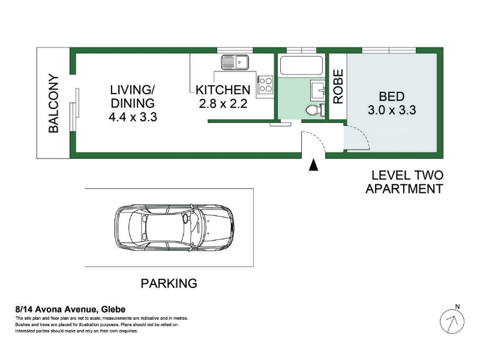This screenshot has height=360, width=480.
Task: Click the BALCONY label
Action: (53, 103)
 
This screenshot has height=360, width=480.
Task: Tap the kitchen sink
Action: (235, 62)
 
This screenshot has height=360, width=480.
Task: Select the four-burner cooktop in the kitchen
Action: (265, 85)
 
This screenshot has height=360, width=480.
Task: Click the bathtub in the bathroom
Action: (302, 65)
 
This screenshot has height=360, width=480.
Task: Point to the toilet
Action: (316, 110)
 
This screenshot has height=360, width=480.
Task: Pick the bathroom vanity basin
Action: (318, 90)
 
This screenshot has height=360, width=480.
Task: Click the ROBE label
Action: (338, 86)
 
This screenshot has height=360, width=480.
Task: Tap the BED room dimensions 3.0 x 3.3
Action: (392, 110)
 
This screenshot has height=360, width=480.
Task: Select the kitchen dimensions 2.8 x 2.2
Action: (223, 103)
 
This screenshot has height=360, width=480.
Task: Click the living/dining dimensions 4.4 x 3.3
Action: (133, 117)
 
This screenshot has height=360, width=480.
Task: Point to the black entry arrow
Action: (313, 164)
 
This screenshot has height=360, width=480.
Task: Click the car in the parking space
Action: (175, 228)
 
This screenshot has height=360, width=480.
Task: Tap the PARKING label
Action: (169, 283)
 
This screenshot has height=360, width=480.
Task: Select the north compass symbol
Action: (452, 321)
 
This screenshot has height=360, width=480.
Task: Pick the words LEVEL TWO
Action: (407, 175)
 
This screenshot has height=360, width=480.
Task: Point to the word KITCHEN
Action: (223, 90)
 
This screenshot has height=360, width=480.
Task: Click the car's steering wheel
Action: (186, 218)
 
